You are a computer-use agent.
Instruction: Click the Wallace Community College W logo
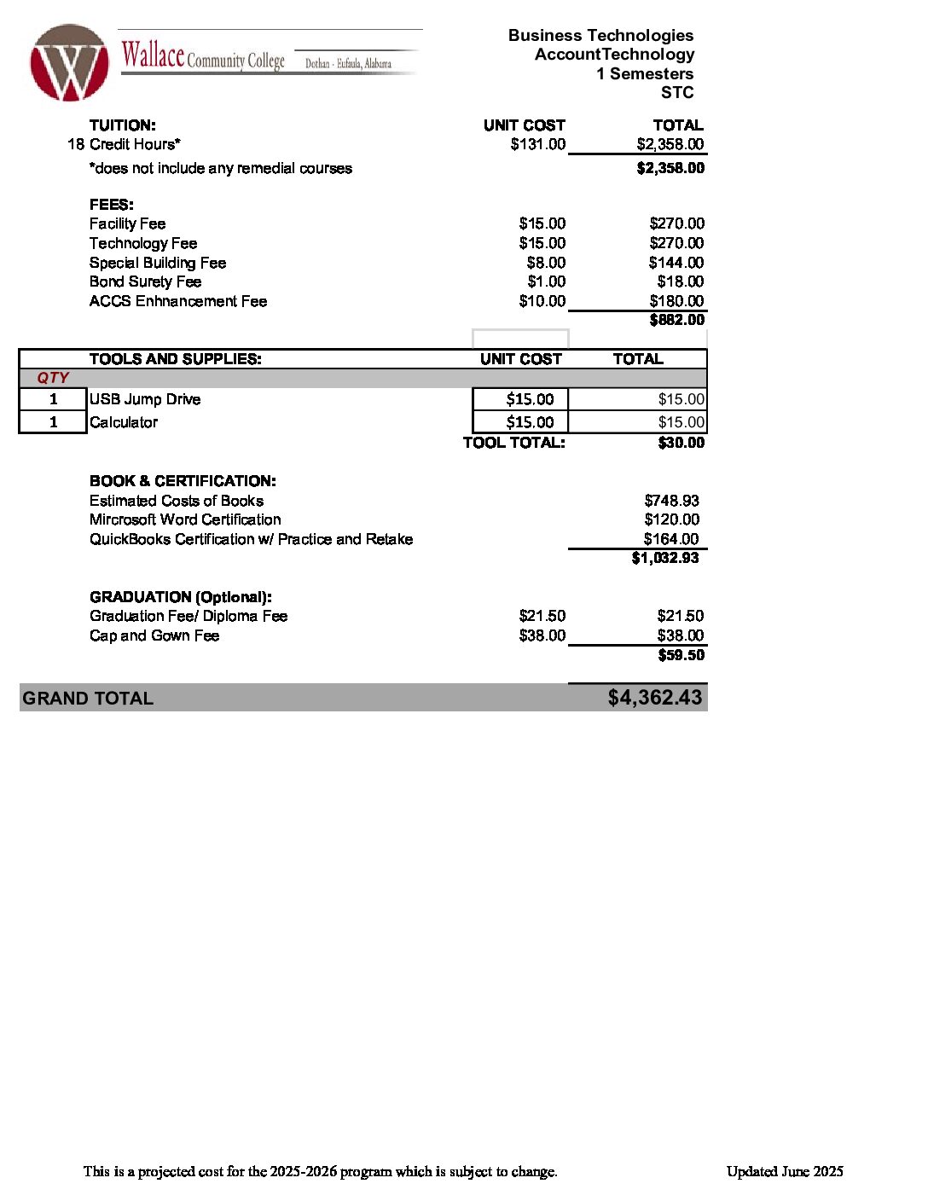click(69, 63)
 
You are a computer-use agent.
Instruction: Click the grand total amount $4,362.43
click(654, 698)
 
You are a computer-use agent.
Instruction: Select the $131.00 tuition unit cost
click(537, 144)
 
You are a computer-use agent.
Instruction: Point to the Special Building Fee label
click(158, 263)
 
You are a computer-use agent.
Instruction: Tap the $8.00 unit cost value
click(546, 263)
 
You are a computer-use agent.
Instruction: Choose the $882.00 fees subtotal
click(676, 320)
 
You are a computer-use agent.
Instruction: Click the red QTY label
click(53, 378)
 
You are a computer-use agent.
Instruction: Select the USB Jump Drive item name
click(145, 399)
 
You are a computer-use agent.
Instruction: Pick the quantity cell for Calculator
click(53, 422)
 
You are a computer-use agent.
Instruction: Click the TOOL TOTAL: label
click(513, 443)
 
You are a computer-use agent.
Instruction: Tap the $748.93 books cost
click(671, 501)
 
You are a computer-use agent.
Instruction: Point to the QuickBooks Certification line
click(251, 539)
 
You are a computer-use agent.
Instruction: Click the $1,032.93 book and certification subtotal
click(664, 558)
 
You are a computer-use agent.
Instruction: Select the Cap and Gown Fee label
click(154, 635)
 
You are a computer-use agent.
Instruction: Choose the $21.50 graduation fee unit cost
click(542, 616)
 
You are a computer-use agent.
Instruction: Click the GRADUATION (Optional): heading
click(181, 597)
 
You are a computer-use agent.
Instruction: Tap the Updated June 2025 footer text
click(785, 1171)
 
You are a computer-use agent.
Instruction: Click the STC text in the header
click(677, 93)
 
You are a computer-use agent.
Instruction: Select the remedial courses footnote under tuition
click(221, 168)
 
